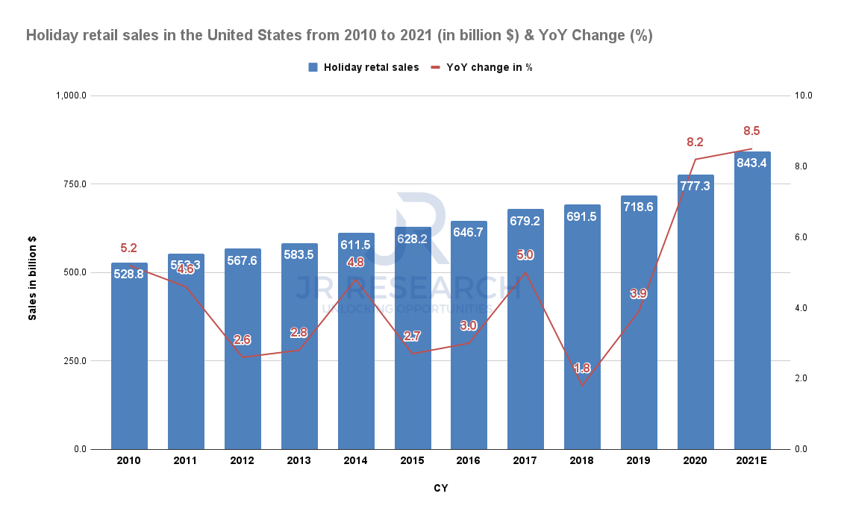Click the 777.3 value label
tap(695, 186)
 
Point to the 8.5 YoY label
tap(751, 131)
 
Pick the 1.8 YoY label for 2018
tap(583, 368)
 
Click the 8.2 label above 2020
tap(695, 142)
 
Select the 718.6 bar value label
tap(639, 207)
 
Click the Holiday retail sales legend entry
tap(363, 67)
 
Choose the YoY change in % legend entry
tap(481, 67)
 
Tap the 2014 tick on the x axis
tap(355, 461)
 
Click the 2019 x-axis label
tap(639, 461)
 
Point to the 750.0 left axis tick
tap(73, 184)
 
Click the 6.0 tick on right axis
tap(804, 237)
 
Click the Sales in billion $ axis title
tap(32, 278)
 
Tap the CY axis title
tap(441, 489)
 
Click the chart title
tap(340, 35)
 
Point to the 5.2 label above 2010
tap(129, 248)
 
